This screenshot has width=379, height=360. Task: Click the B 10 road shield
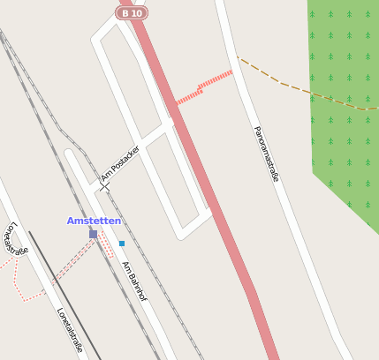pos(132,12)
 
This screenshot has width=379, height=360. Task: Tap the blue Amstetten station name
pos(94,221)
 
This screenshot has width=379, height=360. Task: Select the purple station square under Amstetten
pos(93,234)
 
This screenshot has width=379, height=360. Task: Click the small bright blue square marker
pos(122,243)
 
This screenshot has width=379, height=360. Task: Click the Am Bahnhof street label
pos(135,281)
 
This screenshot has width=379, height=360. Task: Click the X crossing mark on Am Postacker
pos(105,186)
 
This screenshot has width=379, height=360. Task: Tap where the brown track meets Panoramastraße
pos(238,59)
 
